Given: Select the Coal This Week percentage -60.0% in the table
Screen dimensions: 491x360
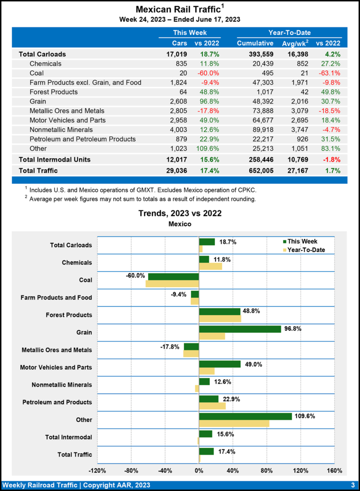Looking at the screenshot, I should (207, 73).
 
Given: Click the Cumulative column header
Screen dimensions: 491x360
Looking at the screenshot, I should (255, 43).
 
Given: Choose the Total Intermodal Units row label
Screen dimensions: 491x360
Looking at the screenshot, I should (55, 159).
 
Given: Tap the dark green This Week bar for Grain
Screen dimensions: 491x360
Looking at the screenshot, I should (240, 329).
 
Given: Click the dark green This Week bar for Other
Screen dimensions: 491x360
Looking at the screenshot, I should (245, 416).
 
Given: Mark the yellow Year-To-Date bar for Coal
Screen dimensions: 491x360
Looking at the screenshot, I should (172, 284).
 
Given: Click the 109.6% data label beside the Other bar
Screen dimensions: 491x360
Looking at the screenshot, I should (305, 416).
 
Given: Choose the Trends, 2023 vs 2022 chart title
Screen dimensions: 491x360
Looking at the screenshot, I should (180, 213).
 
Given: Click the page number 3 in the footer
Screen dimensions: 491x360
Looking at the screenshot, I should (352, 485).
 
